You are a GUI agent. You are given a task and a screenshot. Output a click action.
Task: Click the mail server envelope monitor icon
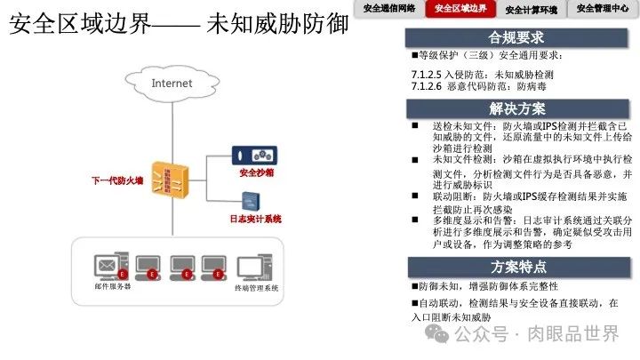[x=109, y=266]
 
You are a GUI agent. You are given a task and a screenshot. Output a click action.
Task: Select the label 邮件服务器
[x=113, y=287]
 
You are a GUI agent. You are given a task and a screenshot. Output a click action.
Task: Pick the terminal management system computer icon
[x=254, y=266]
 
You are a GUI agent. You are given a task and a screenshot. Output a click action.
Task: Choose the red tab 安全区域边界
[x=460, y=9]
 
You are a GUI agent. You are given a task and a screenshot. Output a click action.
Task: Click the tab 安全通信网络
[x=389, y=9]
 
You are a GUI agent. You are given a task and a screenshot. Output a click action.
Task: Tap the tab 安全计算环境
[x=532, y=10]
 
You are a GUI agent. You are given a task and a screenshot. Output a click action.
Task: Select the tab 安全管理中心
[x=603, y=9]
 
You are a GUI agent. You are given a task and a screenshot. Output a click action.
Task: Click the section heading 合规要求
[x=516, y=38]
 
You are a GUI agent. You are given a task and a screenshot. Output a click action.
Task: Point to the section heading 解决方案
[x=516, y=108]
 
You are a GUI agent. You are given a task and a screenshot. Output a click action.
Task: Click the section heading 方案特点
[x=516, y=267]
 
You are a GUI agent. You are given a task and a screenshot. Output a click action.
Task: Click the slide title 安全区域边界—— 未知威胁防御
[x=178, y=24]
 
